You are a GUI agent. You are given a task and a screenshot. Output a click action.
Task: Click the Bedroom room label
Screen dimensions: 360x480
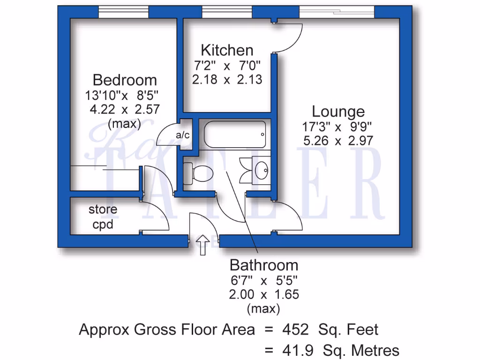click(125, 80)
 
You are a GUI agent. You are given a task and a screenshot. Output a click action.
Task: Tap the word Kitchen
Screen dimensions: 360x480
click(227, 50)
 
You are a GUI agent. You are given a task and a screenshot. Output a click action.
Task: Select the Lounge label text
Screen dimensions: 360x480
click(338, 112)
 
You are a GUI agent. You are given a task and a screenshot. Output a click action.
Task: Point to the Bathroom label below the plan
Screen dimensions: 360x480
click(263, 265)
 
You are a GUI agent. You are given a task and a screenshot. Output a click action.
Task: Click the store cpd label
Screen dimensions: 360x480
click(103, 217)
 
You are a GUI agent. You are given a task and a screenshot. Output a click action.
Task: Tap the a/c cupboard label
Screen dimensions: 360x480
click(182, 135)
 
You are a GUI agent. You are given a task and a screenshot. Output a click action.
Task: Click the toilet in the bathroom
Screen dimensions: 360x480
click(199, 173)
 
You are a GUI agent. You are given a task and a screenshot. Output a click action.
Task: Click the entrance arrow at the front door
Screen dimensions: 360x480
click(202, 245)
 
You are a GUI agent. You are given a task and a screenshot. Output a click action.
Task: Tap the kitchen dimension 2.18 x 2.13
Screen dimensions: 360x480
click(227, 79)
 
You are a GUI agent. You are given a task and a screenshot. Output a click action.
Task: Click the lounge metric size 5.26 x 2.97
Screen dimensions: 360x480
click(338, 140)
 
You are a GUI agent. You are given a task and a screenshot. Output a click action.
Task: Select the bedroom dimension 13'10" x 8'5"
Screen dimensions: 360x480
click(122, 96)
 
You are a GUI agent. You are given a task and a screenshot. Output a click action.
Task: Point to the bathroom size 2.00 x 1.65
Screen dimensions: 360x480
click(263, 294)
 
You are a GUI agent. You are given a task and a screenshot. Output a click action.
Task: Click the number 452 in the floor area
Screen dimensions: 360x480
click(295, 330)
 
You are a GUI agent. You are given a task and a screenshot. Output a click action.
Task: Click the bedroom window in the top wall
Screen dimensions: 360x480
click(124, 12)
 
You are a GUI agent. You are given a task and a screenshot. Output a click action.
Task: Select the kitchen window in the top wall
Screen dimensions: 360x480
click(227, 12)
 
